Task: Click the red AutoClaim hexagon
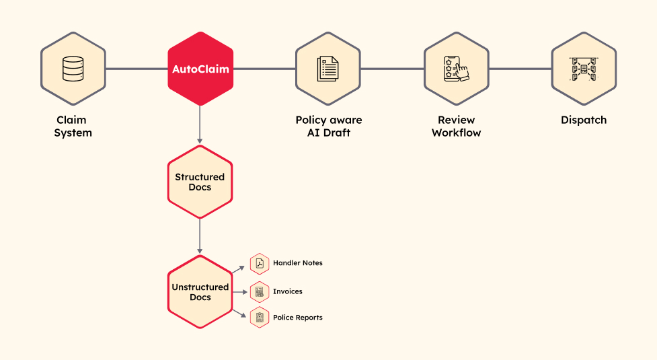pos(200,69)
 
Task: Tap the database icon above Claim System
pos(73,69)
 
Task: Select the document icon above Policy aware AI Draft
pos(328,69)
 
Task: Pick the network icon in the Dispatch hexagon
pos(584,69)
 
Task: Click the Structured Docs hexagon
pos(200,182)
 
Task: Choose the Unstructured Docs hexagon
pos(200,291)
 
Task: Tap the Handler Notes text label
pos(297,263)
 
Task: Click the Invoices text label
pos(287,291)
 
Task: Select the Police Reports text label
pos(297,317)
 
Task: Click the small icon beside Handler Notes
pos(260,264)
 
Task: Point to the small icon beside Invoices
pos(260,291)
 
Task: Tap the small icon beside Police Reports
pos(260,317)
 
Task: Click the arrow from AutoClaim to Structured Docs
pos(200,125)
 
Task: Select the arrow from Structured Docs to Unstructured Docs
pos(200,236)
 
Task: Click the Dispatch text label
pos(584,120)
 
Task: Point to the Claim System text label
pos(73,126)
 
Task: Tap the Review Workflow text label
pos(457,126)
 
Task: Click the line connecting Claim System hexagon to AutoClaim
pos(137,69)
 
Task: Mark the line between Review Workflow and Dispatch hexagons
pos(520,69)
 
